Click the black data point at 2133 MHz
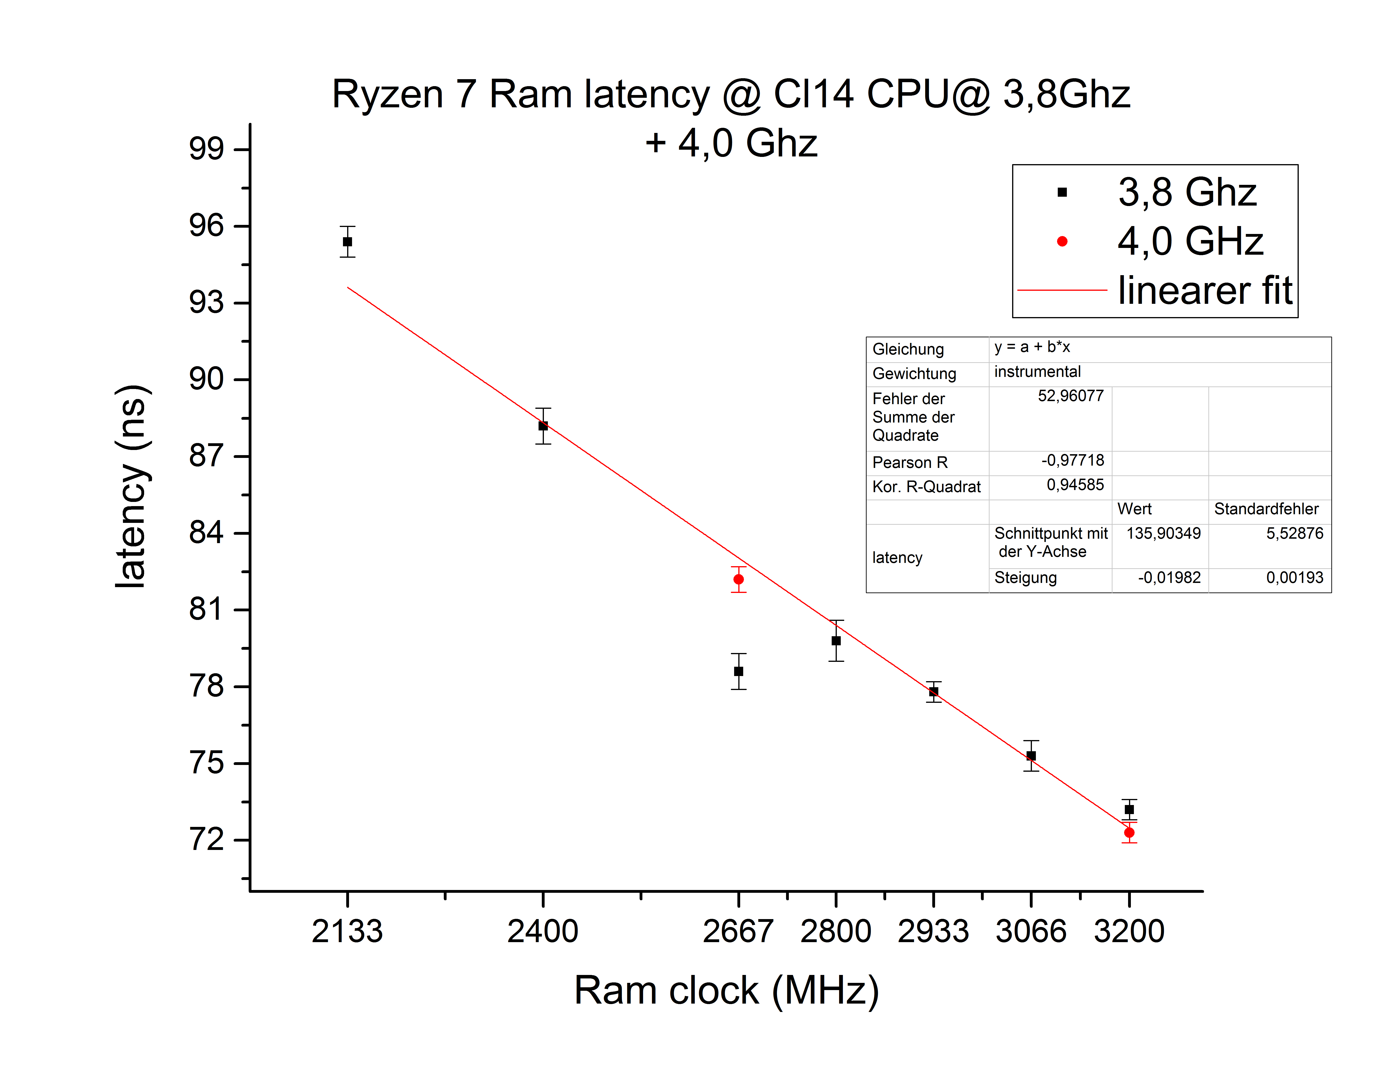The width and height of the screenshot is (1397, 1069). pyautogui.click(x=347, y=242)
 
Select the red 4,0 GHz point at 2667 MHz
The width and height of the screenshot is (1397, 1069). pyautogui.click(x=738, y=579)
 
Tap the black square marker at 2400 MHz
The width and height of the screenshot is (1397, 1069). pyautogui.click(x=543, y=426)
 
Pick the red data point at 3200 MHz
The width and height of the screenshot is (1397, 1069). pyautogui.click(x=1129, y=832)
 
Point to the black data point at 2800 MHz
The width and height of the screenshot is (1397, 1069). pyautogui.click(x=836, y=641)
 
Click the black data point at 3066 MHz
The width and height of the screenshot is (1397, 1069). pyautogui.click(x=1031, y=756)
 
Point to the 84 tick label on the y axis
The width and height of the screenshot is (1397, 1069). pyautogui.click(x=206, y=533)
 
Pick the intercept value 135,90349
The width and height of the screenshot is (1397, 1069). pyautogui.click(x=1163, y=533)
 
